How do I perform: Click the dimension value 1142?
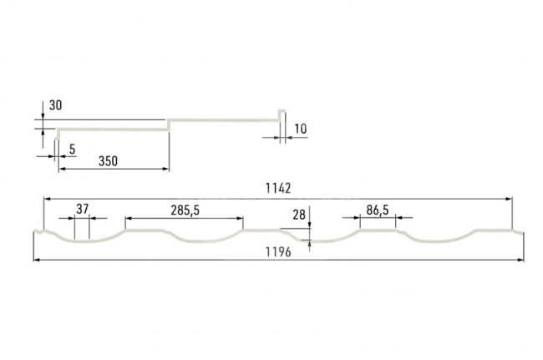click(278, 188)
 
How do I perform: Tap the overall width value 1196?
click(278, 252)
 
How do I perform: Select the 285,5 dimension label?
click(185, 210)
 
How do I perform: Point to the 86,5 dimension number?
click(378, 210)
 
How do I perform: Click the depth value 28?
click(299, 215)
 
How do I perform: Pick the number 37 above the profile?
click(83, 209)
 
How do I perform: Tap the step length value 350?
click(108, 161)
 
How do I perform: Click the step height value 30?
click(55, 105)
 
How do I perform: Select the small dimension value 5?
click(72, 150)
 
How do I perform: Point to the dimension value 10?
click(300, 129)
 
